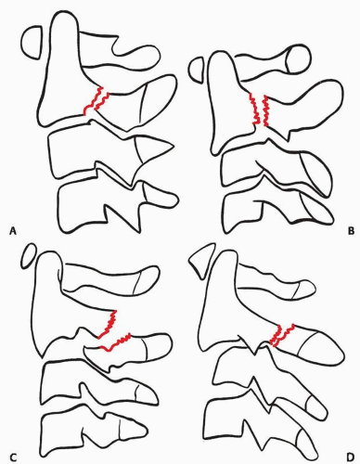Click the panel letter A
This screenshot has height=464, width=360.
[13, 230]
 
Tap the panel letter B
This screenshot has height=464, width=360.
[351, 230]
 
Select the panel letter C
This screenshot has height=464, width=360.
[13, 457]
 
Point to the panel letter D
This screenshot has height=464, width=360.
[350, 457]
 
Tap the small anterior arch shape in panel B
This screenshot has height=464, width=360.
[198, 70]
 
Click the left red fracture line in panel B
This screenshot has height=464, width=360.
[254, 109]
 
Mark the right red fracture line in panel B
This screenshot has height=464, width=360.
[266, 110]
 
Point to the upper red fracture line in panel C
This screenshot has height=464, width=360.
[109, 325]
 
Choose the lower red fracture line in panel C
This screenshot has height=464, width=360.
[115, 342]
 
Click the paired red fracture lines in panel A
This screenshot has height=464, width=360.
[96, 101]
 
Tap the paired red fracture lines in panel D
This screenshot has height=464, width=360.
[281, 335]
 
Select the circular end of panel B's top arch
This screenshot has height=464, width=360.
[298, 59]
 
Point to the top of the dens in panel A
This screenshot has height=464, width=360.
[63, 12]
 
